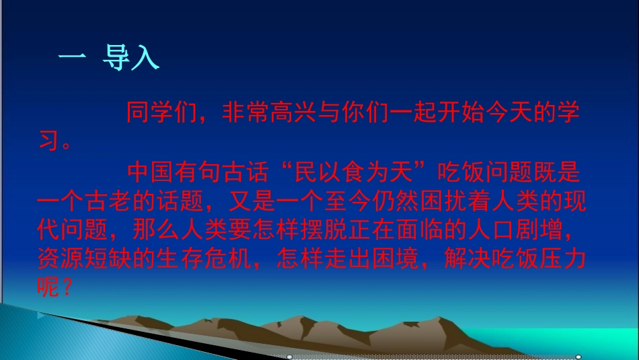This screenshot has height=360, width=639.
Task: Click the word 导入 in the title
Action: point(130,58)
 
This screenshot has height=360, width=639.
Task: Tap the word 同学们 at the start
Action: point(161,112)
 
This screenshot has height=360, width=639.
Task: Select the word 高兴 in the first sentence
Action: point(303,112)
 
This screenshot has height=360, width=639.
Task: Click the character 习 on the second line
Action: point(48,142)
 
